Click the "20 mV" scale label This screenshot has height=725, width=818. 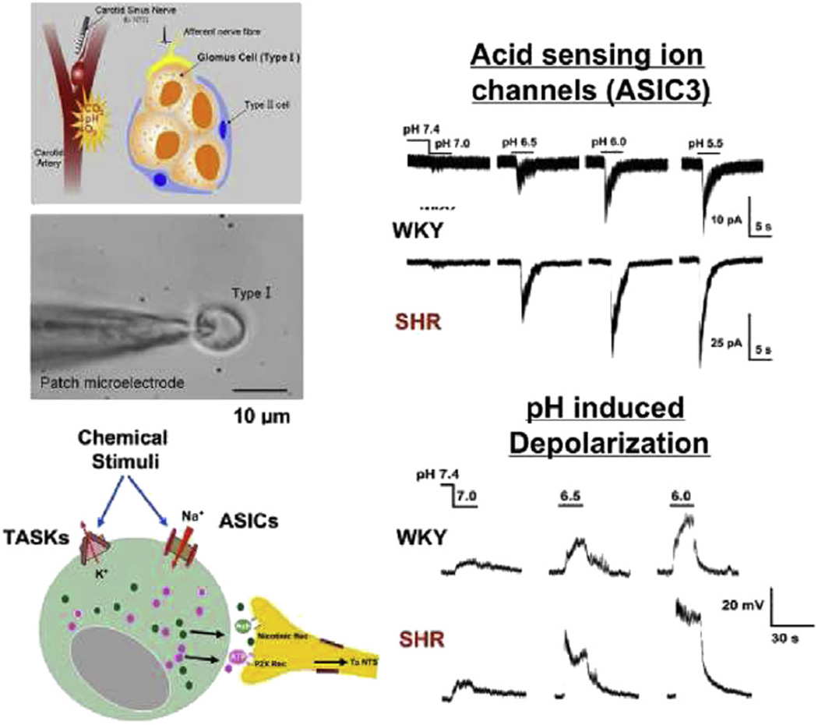739,605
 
